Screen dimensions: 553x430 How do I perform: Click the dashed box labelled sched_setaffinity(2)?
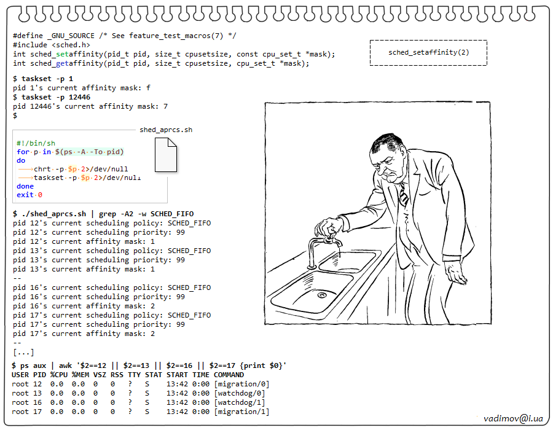tap(428, 52)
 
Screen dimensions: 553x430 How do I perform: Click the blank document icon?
tap(166, 155)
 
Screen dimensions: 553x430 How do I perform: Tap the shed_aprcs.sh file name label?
tap(166, 130)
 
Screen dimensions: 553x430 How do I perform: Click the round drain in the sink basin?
tap(321, 295)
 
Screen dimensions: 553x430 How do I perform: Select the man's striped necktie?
tap(402, 195)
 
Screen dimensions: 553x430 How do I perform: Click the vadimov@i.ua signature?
tap(513, 418)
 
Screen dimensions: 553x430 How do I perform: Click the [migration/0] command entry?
tap(241, 384)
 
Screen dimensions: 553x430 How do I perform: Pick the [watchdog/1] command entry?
tap(240, 402)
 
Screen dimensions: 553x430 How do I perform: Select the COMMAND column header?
tap(229, 375)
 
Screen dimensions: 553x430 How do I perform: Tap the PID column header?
tap(39, 375)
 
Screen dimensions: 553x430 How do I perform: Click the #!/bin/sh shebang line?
tap(36, 143)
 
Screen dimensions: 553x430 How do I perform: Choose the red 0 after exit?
tap(40, 195)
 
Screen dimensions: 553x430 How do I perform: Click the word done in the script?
tap(25, 186)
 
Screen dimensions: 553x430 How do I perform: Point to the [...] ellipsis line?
tap(23, 352)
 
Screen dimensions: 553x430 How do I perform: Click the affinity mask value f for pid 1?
tap(148, 88)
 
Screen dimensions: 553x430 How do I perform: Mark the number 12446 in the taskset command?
tap(79, 97)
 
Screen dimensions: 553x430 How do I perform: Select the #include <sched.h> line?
tap(52, 45)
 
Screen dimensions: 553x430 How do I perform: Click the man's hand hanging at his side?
tap(459, 275)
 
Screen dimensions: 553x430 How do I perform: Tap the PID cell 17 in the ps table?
tap(37, 412)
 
